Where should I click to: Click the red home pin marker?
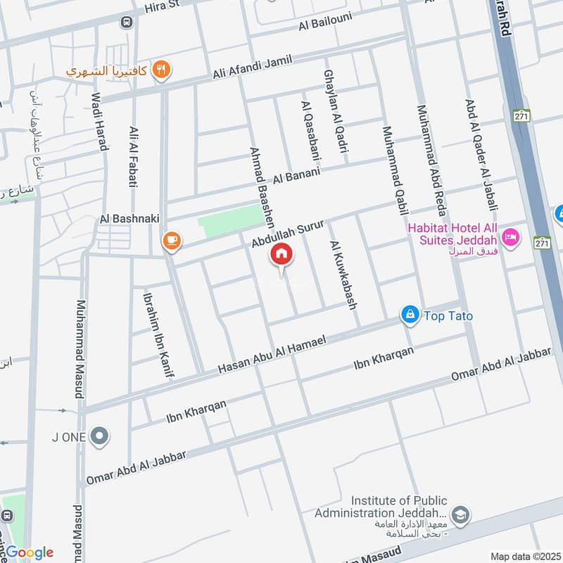tap(281, 254)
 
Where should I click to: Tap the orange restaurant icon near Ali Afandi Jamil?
tap(163, 69)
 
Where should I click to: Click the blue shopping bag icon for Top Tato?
tap(410, 315)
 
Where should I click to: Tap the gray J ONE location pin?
tap(101, 437)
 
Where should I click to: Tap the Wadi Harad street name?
tap(101, 123)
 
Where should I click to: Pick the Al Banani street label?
tap(297, 175)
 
